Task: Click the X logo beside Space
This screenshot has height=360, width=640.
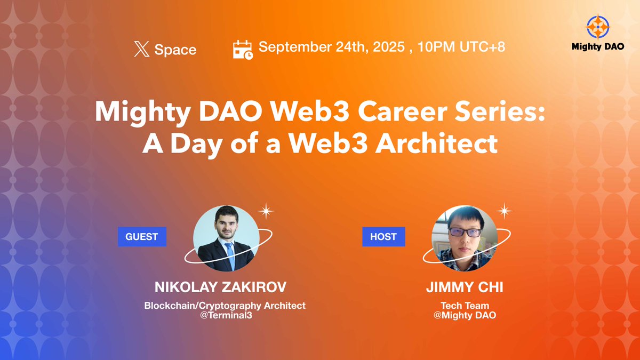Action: [x=141, y=50]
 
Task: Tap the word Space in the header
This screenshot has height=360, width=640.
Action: [x=175, y=50]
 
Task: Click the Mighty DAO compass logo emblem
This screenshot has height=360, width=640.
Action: [x=597, y=27]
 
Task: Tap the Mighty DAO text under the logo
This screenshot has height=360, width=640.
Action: [x=597, y=46]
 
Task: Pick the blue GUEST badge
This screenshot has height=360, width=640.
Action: [x=142, y=236]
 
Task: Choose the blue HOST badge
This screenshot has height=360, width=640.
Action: [x=383, y=236]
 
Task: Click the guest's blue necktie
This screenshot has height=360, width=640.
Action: [x=230, y=254]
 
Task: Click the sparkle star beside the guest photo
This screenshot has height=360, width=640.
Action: [x=266, y=211]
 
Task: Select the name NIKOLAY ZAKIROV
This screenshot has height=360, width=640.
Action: [x=220, y=287]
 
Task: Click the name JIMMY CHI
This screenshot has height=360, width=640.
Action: [x=465, y=287]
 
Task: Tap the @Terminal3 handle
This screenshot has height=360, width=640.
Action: [x=225, y=315]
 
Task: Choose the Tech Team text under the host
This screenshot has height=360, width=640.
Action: [x=465, y=306]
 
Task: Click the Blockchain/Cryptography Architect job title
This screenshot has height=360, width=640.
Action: [x=225, y=306]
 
